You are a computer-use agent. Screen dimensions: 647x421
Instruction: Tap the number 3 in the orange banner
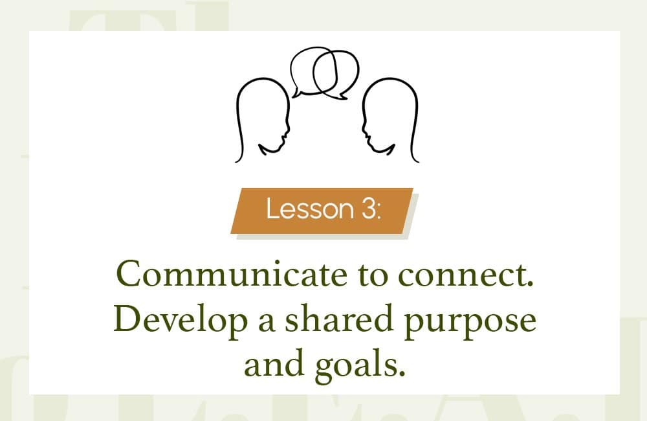click(368, 209)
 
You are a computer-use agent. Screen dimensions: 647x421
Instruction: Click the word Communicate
click(232, 274)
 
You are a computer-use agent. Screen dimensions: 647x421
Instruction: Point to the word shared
click(338, 318)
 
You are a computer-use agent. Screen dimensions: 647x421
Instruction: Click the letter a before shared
click(267, 323)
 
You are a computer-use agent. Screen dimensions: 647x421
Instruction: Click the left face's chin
click(280, 146)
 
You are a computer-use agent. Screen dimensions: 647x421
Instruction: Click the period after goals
click(402, 373)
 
